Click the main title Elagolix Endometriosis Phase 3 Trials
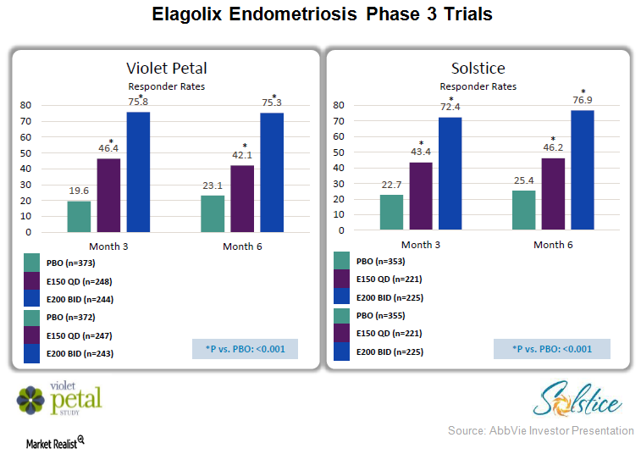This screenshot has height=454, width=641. [x=321, y=15]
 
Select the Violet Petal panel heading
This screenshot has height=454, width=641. [x=166, y=68]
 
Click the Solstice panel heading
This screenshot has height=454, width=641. [x=478, y=68]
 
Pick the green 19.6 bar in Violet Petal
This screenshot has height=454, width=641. [x=79, y=216]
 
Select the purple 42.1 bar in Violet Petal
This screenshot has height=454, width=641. [x=244, y=198]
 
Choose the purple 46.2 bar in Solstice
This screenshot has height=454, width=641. [x=553, y=195]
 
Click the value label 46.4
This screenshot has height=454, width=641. [x=108, y=148]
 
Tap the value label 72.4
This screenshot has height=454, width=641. [x=450, y=107]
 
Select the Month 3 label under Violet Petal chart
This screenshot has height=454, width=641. [x=107, y=246]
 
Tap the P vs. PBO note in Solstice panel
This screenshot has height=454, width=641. [x=553, y=349]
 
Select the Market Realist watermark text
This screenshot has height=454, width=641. [x=50, y=442]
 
